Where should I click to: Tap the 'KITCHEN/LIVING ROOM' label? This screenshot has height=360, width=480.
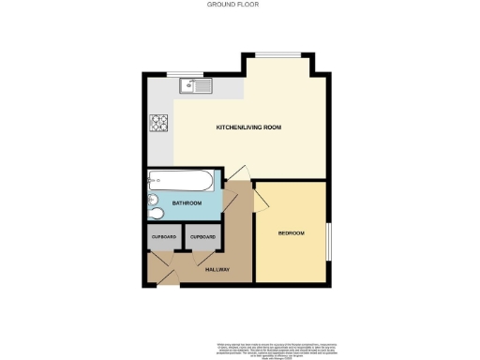click(248, 127)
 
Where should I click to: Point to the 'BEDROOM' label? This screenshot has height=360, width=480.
click(291, 232)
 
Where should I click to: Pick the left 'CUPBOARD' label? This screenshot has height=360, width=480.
click(163, 237)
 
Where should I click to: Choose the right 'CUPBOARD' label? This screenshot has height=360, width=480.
click(202, 237)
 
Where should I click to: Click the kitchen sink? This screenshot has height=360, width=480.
click(198, 86)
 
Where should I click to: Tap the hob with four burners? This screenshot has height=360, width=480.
click(157, 123)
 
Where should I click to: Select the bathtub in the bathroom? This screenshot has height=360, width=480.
click(183, 180)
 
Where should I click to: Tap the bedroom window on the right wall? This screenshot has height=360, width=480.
click(327, 243)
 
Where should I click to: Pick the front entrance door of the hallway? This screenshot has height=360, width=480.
click(163, 274)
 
